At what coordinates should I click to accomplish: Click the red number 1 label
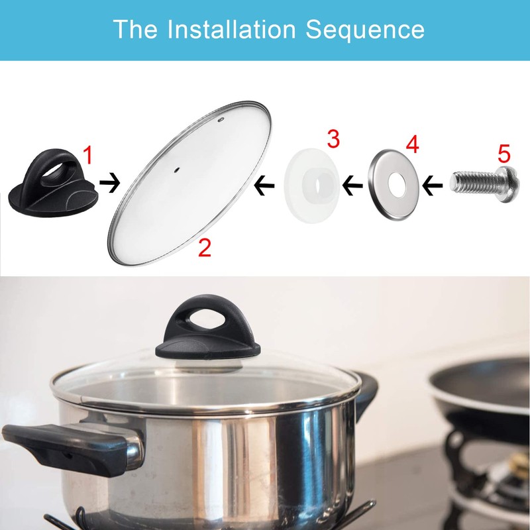[87, 156]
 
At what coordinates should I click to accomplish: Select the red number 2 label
[205, 248]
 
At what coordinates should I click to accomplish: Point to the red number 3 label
[333, 139]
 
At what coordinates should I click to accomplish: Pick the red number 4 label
[412, 144]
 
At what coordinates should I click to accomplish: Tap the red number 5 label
[504, 154]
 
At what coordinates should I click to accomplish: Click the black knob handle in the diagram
[52, 182]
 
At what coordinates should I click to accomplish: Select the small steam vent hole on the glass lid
[221, 121]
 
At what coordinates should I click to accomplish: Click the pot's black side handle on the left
[63, 444]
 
